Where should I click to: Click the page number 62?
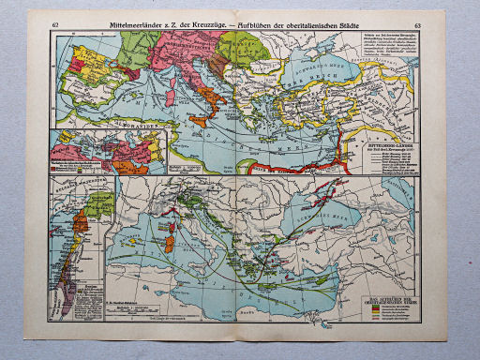point(57,22)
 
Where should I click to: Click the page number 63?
point(417,22)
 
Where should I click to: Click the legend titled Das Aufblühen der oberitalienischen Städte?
point(390,309)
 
